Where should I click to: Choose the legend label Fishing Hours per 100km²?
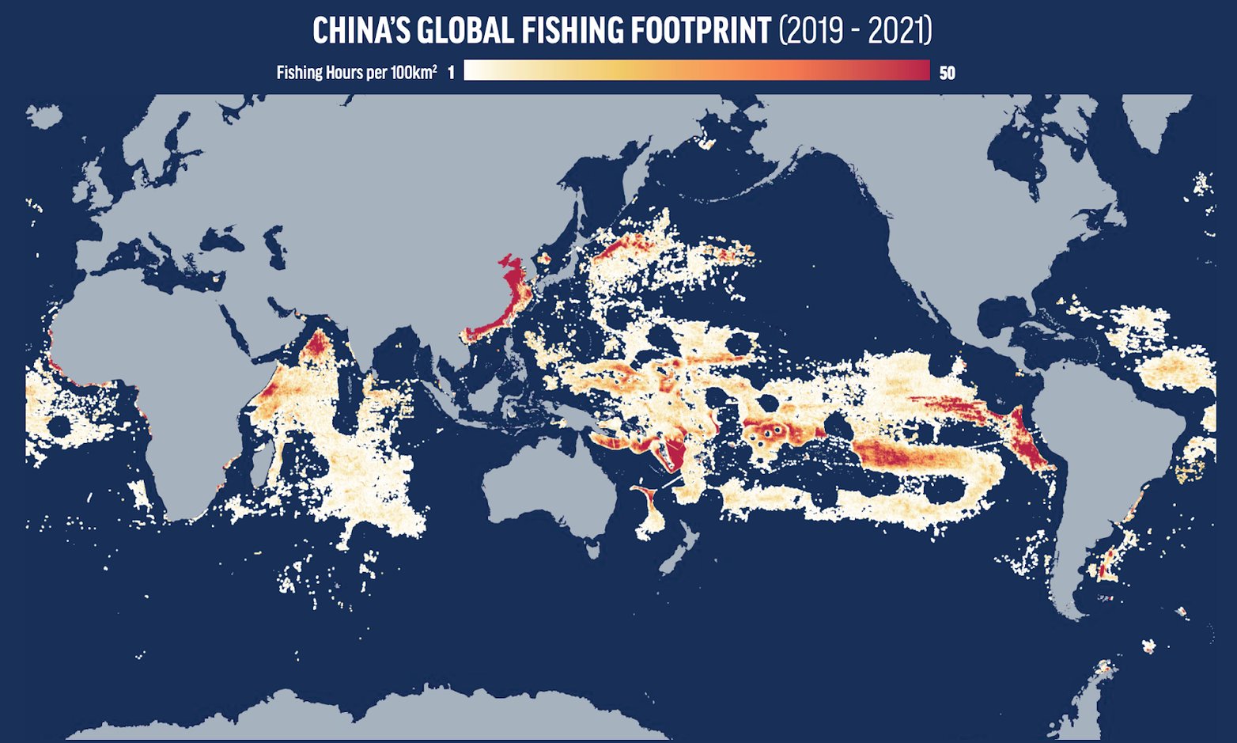[x=356, y=73]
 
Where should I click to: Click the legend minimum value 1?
[x=451, y=73]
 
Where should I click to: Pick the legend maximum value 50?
[x=947, y=73]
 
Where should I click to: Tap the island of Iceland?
[x=44, y=116]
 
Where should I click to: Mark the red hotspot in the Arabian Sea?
[x=318, y=346]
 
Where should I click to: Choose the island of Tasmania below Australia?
[x=591, y=547]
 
